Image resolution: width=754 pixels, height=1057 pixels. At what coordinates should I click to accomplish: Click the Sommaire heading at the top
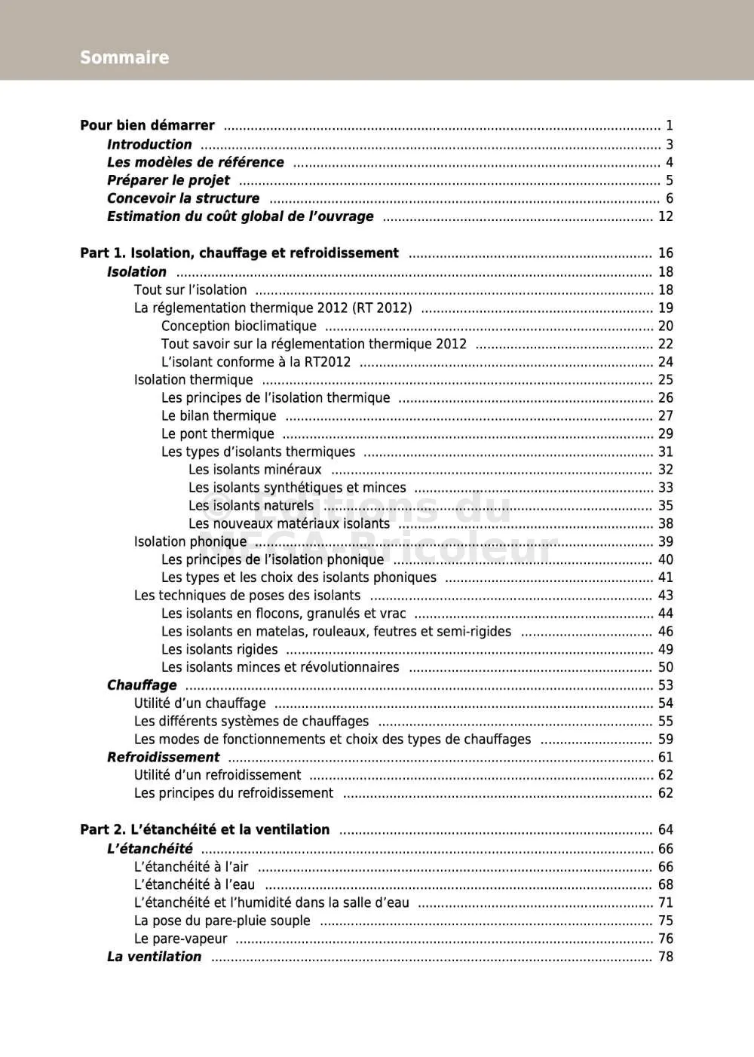pos(124,57)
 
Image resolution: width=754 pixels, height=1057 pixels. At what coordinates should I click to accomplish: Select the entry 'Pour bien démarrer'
pos(147,125)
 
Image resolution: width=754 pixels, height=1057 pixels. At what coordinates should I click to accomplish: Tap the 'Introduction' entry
pos(149,144)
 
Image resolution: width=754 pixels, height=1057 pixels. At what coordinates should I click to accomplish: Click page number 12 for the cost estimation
pos(665,216)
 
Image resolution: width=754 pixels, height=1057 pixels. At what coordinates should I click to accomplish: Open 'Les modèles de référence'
pos(195,162)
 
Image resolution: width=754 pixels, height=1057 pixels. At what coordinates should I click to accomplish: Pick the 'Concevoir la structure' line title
pos(183,198)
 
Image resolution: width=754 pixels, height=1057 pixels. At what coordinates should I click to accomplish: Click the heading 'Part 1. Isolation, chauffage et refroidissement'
pos(239,253)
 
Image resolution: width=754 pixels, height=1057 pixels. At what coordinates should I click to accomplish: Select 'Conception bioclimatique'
pos(238,326)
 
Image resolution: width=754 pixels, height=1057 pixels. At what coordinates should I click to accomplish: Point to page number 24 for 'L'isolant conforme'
pos(665,362)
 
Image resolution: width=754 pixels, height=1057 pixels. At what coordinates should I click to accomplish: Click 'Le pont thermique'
pos(217,434)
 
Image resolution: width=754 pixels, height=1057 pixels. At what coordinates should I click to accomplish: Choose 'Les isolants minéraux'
pos(255,470)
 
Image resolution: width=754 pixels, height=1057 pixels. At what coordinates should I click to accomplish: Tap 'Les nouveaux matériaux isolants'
pos(289,523)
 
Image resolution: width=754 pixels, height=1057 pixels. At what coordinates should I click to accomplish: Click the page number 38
pos(665,523)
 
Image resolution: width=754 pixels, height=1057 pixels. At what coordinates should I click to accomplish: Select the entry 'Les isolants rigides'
pos(219,649)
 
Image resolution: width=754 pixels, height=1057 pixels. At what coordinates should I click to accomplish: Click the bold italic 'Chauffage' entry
pos(142,685)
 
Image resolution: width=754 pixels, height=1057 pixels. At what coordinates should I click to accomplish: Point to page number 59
pos(665,740)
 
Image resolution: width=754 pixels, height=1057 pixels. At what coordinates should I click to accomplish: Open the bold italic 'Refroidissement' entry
pos(163,757)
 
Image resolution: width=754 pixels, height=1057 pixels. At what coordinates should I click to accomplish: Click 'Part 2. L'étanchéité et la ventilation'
pos(204,829)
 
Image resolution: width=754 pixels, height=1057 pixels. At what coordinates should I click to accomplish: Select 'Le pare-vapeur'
pos(180,939)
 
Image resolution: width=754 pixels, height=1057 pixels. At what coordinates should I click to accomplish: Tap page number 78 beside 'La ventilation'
pos(665,957)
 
